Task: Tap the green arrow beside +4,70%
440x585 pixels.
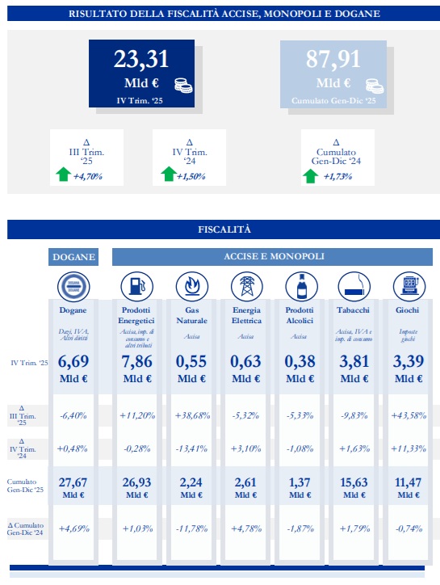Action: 64,174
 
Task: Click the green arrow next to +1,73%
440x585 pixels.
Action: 310,175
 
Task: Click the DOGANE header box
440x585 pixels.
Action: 73,257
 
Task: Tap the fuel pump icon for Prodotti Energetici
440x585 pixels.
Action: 136,287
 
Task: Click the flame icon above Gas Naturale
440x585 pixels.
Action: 191,287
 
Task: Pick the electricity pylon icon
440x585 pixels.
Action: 246,287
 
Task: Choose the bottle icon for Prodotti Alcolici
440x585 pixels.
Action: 300,287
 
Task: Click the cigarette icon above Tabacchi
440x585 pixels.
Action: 352,287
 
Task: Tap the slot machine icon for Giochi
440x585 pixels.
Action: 406,287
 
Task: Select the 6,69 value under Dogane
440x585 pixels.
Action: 73,361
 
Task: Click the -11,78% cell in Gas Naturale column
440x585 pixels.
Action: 191,529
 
